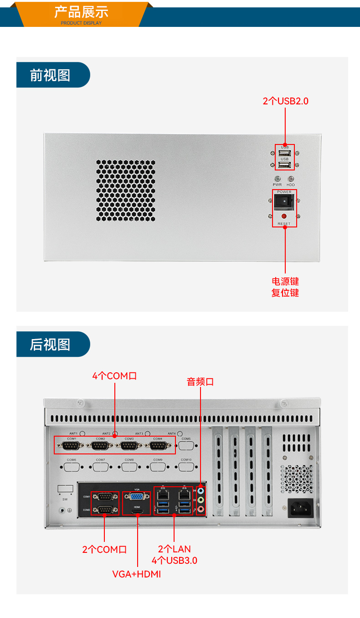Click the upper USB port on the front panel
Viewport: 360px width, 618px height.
(285, 153)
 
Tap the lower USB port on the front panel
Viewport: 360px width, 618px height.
(285, 165)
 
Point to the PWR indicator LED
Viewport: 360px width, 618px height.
(277, 179)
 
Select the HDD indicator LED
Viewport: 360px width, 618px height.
(291, 179)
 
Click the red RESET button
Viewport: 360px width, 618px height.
(284, 216)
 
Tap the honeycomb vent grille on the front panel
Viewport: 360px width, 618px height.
(126, 191)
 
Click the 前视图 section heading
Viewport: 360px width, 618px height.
(51, 75)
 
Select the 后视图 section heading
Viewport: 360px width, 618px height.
(51, 345)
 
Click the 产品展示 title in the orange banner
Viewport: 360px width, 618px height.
(82, 11)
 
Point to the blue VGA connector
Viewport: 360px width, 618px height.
(136, 497)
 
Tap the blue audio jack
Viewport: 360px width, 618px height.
(201, 491)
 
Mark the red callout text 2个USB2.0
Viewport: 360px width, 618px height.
(285, 101)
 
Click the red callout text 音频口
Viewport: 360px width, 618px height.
(200, 382)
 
